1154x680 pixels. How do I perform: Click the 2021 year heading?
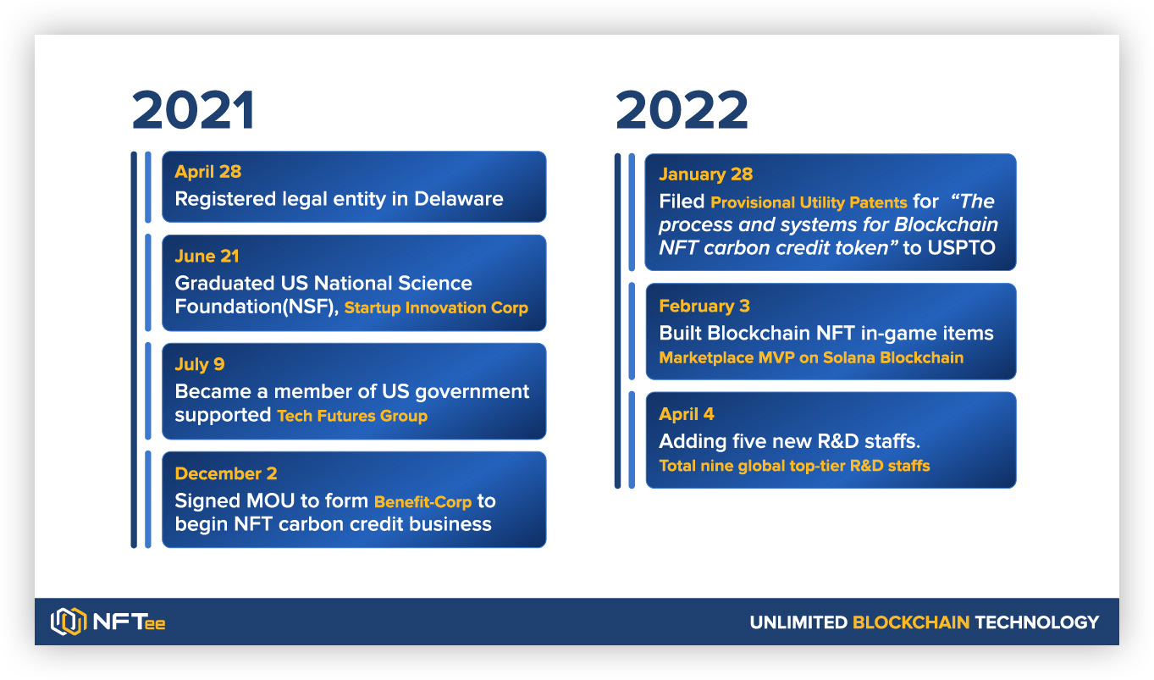pyautogui.click(x=193, y=110)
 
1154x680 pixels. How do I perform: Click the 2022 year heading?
pyautogui.click(x=682, y=110)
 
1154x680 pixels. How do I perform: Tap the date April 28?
pyautogui.click(x=208, y=172)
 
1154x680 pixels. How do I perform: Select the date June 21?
pyautogui.click(x=207, y=256)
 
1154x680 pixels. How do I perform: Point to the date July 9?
pyautogui.click(x=200, y=364)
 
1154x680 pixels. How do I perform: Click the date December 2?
pyautogui.click(x=226, y=473)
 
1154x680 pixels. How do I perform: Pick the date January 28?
pyautogui.click(x=706, y=174)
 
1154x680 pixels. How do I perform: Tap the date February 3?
pyautogui.click(x=704, y=306)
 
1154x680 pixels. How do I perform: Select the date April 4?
pyautogui.click(x=686, y=414)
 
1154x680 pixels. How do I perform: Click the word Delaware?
pyautogui.click(x=459, y=199)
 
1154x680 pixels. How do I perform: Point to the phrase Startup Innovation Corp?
pyautogui.click(x=436, y=307)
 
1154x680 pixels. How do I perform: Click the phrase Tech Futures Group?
pyautogui.click(x=352, y=416)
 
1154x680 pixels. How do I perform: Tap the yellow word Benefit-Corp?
pyautogui.click(x=423, y=502)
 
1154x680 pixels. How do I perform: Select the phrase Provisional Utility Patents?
pyautogui.click(x=809, y=202)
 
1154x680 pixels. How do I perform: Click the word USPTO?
pyautogui.click(x=961, y=248)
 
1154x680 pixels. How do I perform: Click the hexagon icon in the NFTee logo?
pyautogui.click(x=69, y=622)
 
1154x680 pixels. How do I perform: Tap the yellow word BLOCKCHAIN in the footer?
pyautogui.click(x=911, y=622)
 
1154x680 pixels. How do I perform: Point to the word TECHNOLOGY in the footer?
pyautogui.click(x=1037, y=622)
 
